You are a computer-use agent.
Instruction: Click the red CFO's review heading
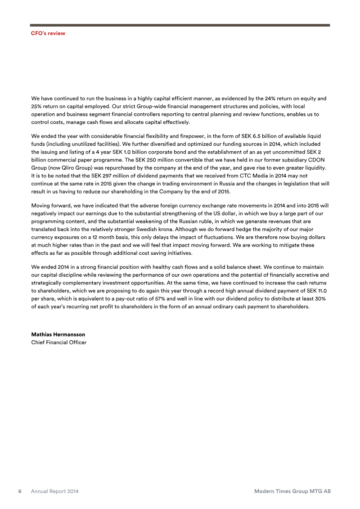tap(48, 33)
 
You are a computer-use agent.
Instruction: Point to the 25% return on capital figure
tap(37, 106)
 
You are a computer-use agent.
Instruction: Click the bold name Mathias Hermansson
tap(58, 334)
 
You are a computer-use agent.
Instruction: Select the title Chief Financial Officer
tap(58, 342)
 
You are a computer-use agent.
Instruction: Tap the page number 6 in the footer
tap(20, 491)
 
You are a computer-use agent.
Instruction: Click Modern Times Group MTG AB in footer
tap(292, 491)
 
